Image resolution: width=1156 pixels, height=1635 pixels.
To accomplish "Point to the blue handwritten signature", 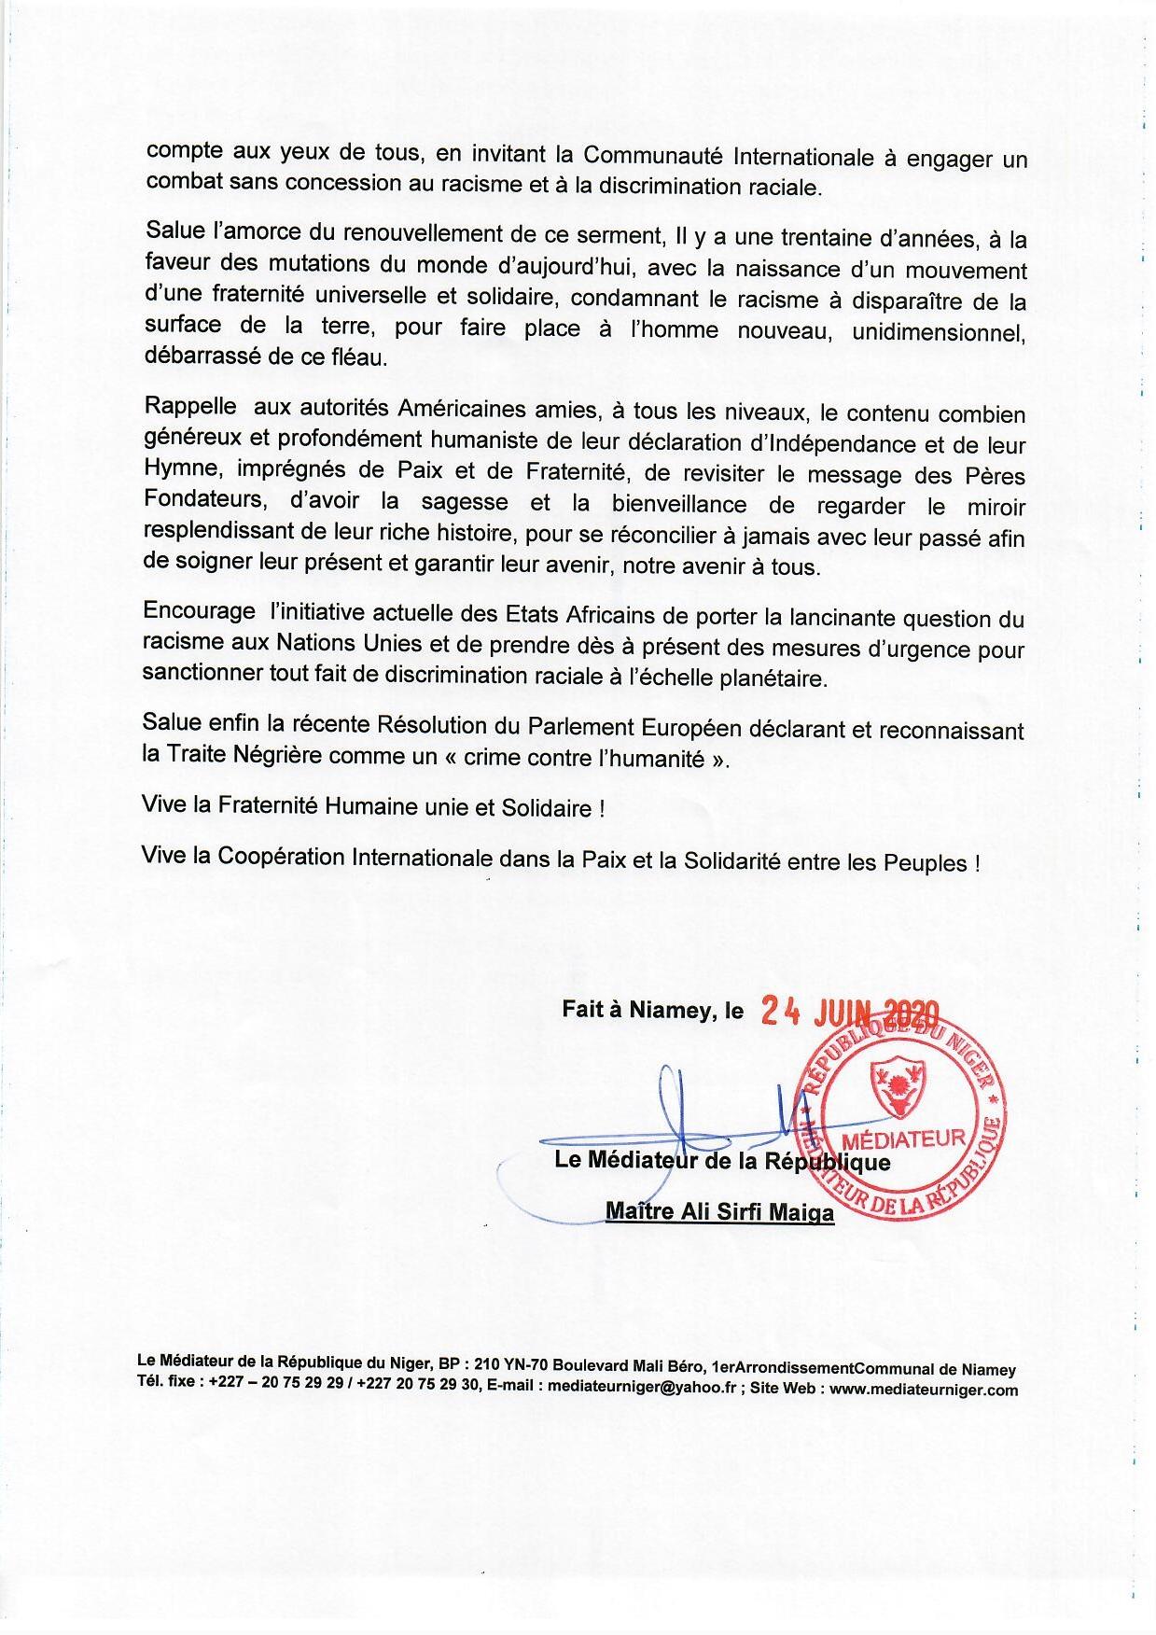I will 681,1120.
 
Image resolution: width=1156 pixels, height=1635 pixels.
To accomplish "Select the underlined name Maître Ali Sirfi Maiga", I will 719,1212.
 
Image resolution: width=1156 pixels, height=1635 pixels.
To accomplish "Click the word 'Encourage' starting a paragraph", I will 199,611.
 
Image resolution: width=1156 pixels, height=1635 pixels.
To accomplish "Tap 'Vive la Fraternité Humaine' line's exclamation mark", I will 601,809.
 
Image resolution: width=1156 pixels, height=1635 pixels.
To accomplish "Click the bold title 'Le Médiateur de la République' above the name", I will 722,1162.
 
